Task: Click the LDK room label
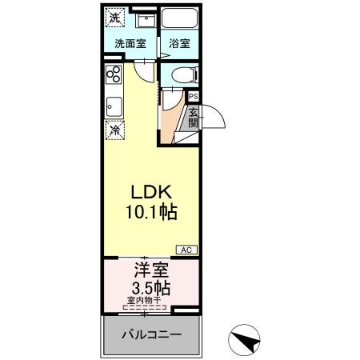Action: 151,192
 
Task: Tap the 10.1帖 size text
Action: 151,212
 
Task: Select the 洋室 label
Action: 151,270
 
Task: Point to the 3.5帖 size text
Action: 151,288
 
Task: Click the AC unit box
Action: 186,250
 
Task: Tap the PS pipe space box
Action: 194,96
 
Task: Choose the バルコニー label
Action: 151,334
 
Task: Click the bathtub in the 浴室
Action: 180,18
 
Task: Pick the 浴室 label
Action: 179,43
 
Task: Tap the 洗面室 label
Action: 130,43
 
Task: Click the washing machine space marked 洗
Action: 115,18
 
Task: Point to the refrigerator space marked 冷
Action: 115,130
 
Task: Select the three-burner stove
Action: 114,74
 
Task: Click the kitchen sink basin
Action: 114,106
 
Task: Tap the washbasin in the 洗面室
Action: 146,19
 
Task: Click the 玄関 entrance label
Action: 194,118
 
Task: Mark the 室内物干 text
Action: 144,301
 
